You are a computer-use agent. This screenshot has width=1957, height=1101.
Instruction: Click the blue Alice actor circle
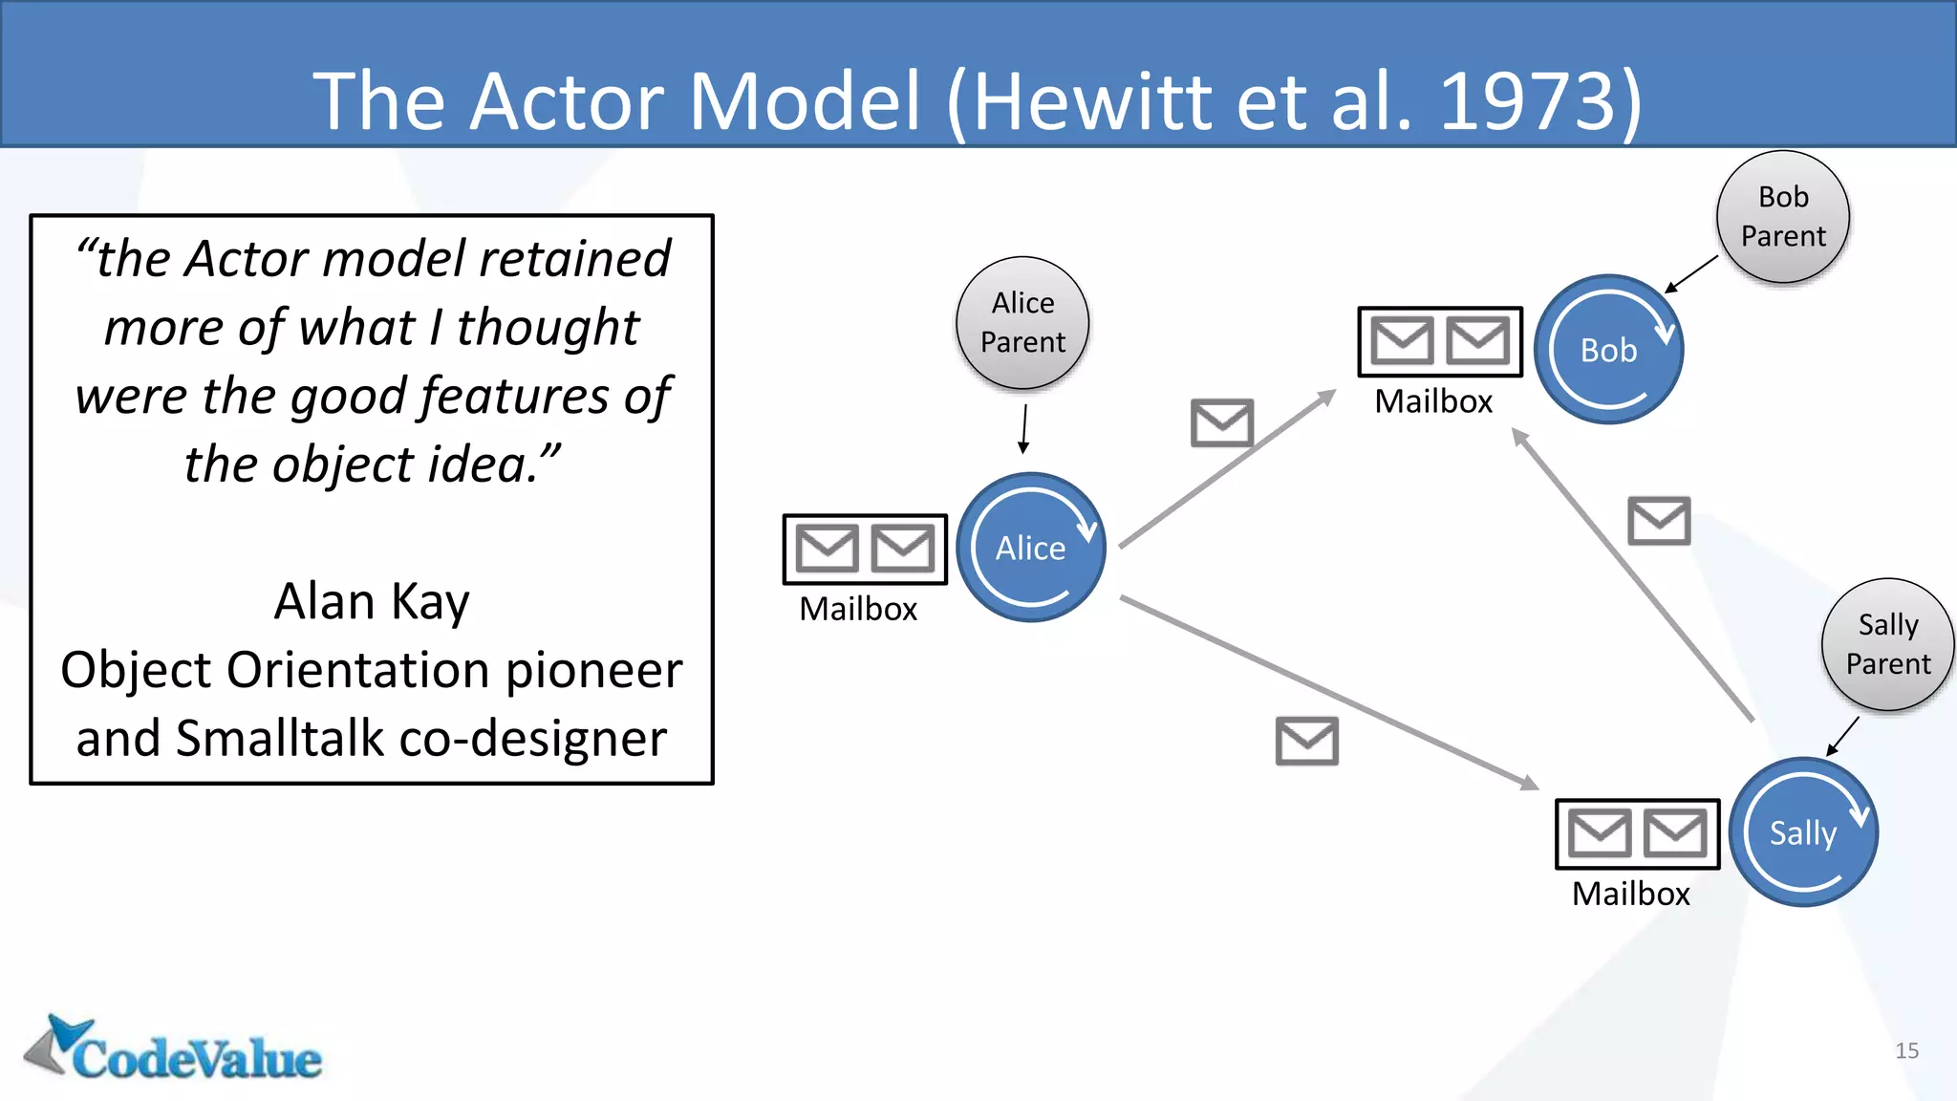tap(1031, 548)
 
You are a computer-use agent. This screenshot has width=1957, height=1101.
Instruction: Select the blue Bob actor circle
tap(1609, 350)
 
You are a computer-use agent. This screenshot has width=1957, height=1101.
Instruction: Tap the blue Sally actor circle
tap(1804, 832)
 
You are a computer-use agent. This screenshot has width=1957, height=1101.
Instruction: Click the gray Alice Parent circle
tap(1022, 323)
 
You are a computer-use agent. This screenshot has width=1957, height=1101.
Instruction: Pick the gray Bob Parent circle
tap(1783, 217)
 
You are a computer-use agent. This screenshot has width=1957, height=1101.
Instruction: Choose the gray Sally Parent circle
tap(1887, 644)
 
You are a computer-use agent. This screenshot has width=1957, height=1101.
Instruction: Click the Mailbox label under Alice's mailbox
tap(858, 609)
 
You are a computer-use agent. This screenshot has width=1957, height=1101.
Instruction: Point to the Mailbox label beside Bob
tap(1433, 401)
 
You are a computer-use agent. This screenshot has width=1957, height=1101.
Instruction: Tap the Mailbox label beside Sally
tap(1631, 894)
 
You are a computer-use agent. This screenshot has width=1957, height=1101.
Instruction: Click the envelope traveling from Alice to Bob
tap(1222, 422)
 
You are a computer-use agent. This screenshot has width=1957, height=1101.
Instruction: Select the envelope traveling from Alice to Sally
tap(1307, 741)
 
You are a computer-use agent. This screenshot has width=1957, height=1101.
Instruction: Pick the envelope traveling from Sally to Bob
tap(1660, 521)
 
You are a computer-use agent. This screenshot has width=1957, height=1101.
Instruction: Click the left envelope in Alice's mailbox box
tap(828, 549)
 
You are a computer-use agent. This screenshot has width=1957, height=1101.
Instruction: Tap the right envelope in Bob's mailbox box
tap(1478, 341)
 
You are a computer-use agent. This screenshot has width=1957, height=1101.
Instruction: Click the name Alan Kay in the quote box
tap(372, 601)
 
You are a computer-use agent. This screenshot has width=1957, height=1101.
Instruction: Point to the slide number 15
tap(1906, 1050)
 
